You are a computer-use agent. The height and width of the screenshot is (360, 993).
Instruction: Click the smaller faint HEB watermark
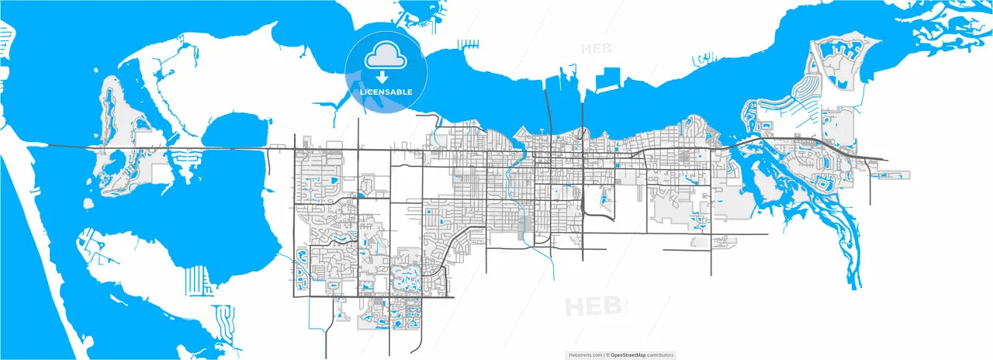click(x=596, y=48)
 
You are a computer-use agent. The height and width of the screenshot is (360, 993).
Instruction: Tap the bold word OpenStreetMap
click(x=630, y=355)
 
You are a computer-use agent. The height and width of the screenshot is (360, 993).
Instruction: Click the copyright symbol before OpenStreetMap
click(x=608, y=355)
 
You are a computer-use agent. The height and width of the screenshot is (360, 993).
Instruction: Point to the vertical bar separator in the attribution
click(x=604, y=355)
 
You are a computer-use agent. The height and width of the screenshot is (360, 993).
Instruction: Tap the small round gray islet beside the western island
click(x=88, y=203)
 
